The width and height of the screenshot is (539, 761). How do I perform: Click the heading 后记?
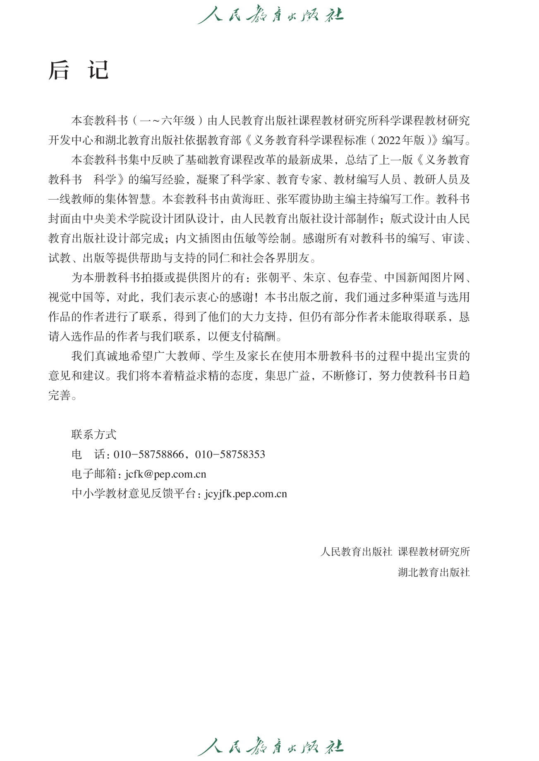[x=79, y=70]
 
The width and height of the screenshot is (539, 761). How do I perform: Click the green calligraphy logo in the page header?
[x=270, y=15]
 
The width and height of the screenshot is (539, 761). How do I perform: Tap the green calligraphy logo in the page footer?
[x=270, y=746]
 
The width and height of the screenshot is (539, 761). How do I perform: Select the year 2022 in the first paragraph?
[x=389, y=140]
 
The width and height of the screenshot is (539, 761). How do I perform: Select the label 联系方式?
[x=94, y=435]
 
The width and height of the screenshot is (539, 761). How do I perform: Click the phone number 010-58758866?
[x=149, y=454]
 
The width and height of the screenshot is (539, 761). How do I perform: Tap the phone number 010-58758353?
[x=230, y=454]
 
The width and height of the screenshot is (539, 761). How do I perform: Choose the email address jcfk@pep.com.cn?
[x=165, y=474]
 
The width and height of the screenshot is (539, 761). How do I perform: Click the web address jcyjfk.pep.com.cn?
[x=246, y=494]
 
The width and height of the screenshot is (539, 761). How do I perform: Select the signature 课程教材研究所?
[x=434, y=552]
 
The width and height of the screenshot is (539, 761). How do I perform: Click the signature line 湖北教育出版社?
[x=434, y=573]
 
